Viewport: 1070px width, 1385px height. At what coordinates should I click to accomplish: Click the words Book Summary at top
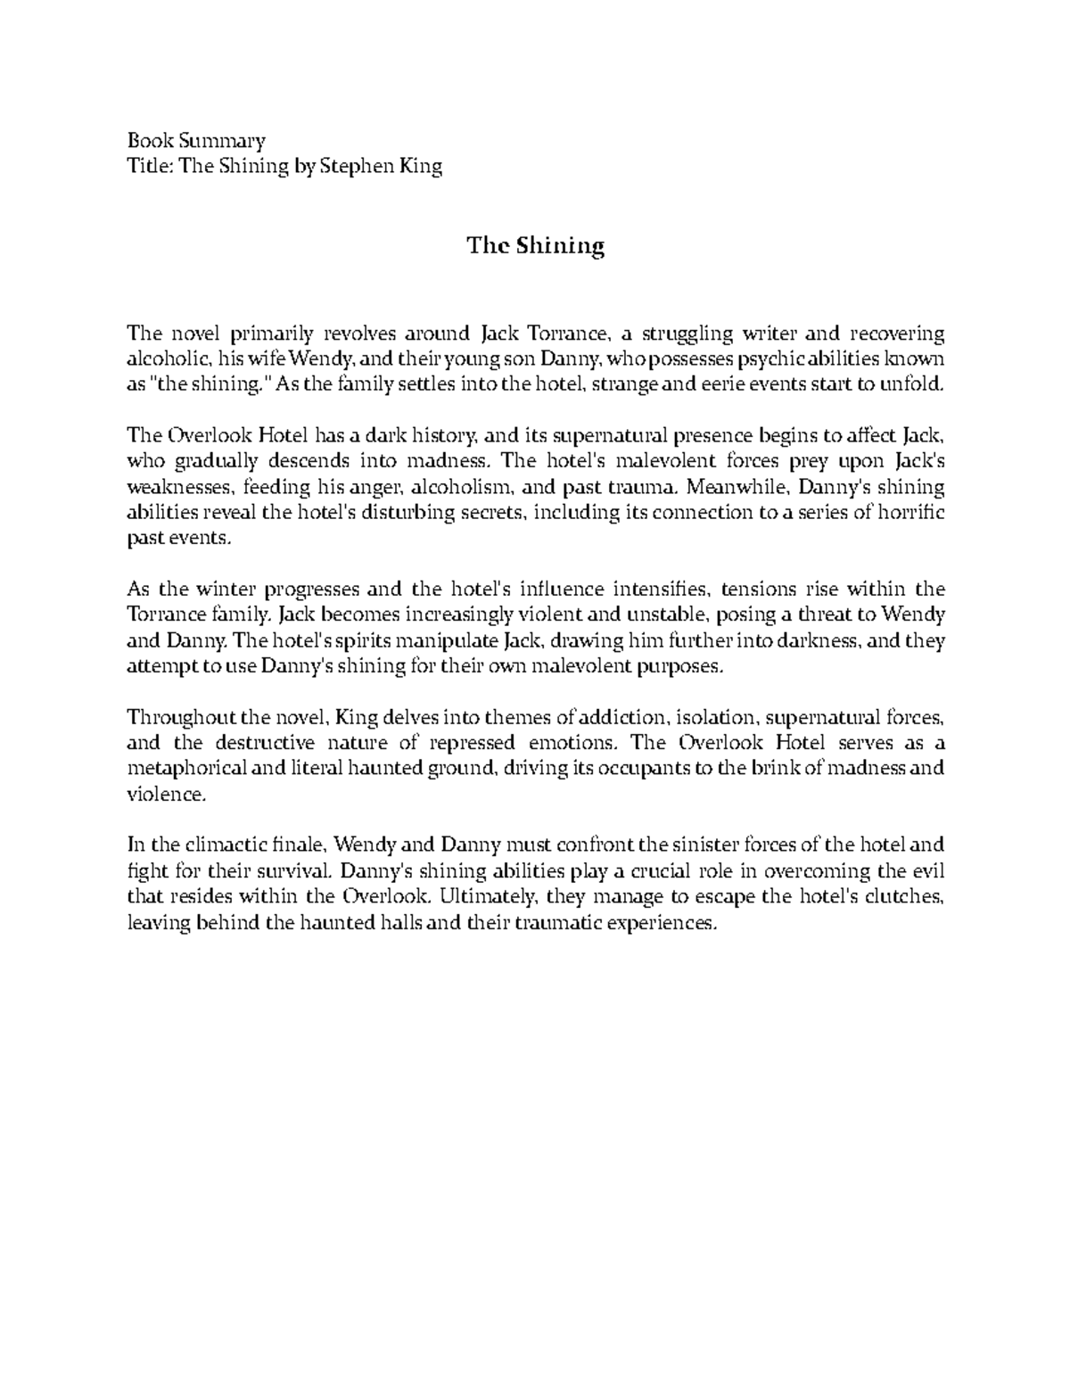[196, 140]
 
